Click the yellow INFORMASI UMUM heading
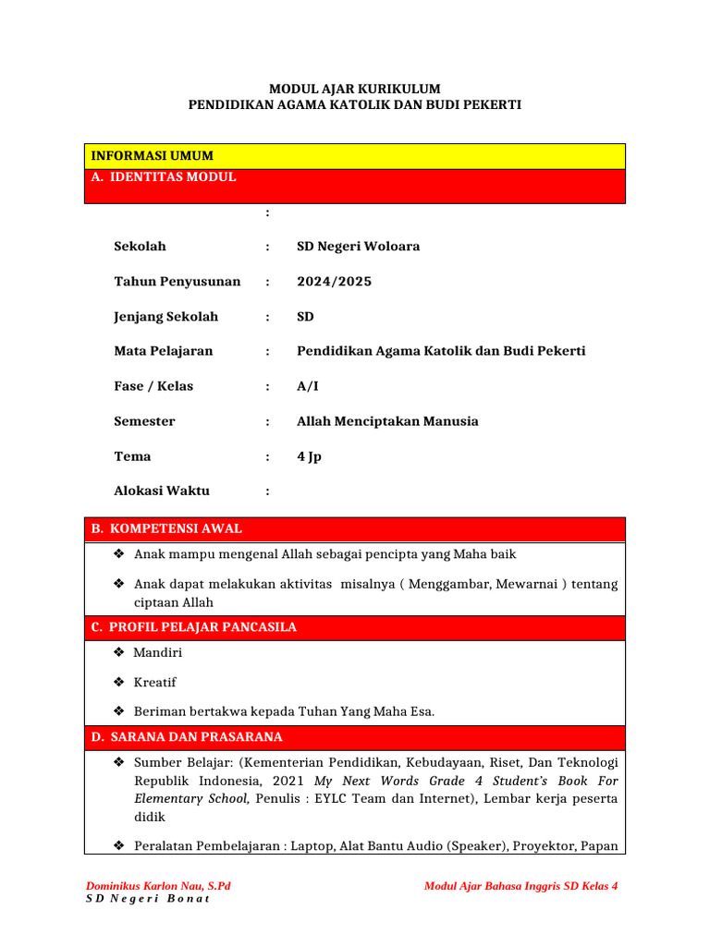[x=150, y=156]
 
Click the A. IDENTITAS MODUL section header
[x=163, y=177]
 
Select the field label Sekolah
[x=140, y=247]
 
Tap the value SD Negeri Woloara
[x=358, y=247]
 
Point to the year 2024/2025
[x=334, y=282]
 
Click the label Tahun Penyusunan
[x=177, y=282]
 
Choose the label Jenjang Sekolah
[x=165, y=317]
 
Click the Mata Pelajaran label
[x=163, y=351]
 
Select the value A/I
[x=307, y=386]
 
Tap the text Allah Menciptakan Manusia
[x=387, y=421]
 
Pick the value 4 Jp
[x=309, y=456]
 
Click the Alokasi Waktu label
[x=162, y=491]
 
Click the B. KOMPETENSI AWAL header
[x=166, y=529]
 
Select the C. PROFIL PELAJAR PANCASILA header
[x=193, y=628]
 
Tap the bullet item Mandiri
[x=158, y=653]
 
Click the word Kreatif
[x=155, y=683]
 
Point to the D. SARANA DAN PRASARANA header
[x=186, y=737]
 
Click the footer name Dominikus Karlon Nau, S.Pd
[x=158, y=886]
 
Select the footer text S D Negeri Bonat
[x=147, y=900]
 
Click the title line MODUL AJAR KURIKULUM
[x=354, y=89]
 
